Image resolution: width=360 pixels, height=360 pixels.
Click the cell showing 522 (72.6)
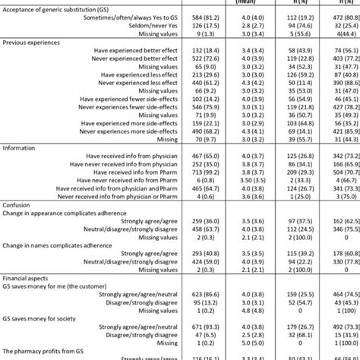pyautogui.click(x=207, y=89)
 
